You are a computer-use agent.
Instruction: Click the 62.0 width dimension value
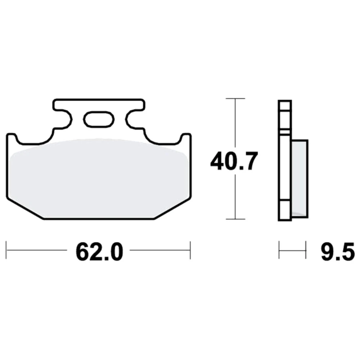point(99,252)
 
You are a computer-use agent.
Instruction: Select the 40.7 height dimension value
point(234,161)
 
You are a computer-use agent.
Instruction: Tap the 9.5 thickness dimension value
point(338,252)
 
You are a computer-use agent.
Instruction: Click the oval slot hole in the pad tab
point(99,119)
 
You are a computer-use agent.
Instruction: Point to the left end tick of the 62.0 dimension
point(6,250)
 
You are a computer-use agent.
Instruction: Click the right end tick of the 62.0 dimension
point(190,250)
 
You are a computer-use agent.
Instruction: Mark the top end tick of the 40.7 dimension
point(235,99)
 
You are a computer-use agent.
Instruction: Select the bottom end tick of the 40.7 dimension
point(235,219)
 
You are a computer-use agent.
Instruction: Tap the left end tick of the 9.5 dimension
point(279,250)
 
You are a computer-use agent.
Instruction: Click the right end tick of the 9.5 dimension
point(306,250)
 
